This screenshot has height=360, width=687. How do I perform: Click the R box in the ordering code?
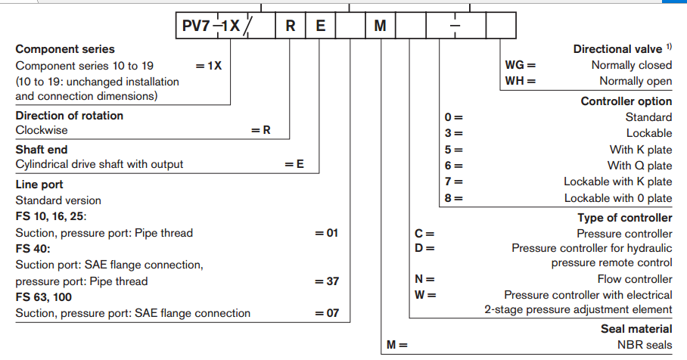pos(290,25)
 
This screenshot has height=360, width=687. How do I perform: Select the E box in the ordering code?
pos(320,25)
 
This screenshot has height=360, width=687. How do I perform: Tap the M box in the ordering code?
pos(380,25)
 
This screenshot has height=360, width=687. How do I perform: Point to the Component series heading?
pos(65,49)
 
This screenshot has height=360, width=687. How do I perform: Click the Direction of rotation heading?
pos(69,116)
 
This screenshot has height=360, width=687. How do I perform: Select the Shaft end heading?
pos(42,150)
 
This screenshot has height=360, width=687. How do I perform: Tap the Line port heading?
pos(39,184)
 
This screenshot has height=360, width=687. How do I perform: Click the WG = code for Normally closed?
pos(520,65)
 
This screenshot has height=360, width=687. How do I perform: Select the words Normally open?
pos(636,81)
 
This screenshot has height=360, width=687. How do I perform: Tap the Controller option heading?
pos(626,101)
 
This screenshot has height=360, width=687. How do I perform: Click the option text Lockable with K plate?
pos(617,182)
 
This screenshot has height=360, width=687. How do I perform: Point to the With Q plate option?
pos(639,166)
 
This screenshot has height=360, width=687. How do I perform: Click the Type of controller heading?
pos(624,218)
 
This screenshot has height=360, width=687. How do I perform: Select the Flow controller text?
pos(634,278)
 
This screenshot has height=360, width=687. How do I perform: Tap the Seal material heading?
pos(636,329)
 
